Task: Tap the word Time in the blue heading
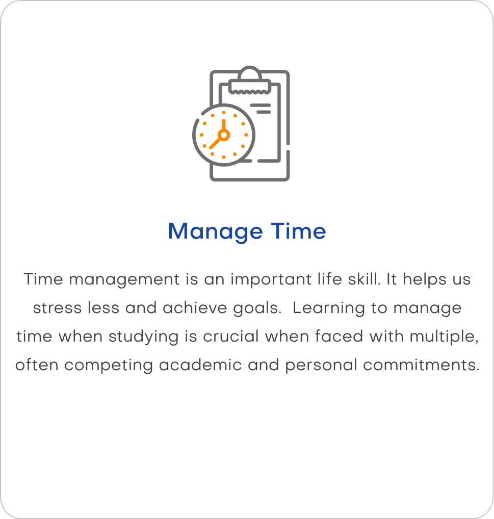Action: pyautogui.click(x=298, y=231)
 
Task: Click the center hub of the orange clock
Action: pyautogui.click(x=224, y=135)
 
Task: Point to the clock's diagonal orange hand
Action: pyautogui.click(x=216, y=142)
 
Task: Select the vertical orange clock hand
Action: pyautogui.click(x=224, y=126)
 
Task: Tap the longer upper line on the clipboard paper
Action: pyautogui.click(x=261, y=105)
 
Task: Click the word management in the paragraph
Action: pyautogui.click(x=124, y=280)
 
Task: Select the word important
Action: pyautogui.click(x=271, y=280)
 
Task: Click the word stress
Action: pyautogui.click(x=57, y=308)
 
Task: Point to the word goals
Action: pyautogui.click(x=257, y=309)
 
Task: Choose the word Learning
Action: pyautogui.click(x=328, y=308)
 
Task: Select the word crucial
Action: pyautogui.click(x=230, y=336)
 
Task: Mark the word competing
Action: pyautogui.click(x=109, y=366)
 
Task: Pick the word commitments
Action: pyautogui.click(x=421, y=365)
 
